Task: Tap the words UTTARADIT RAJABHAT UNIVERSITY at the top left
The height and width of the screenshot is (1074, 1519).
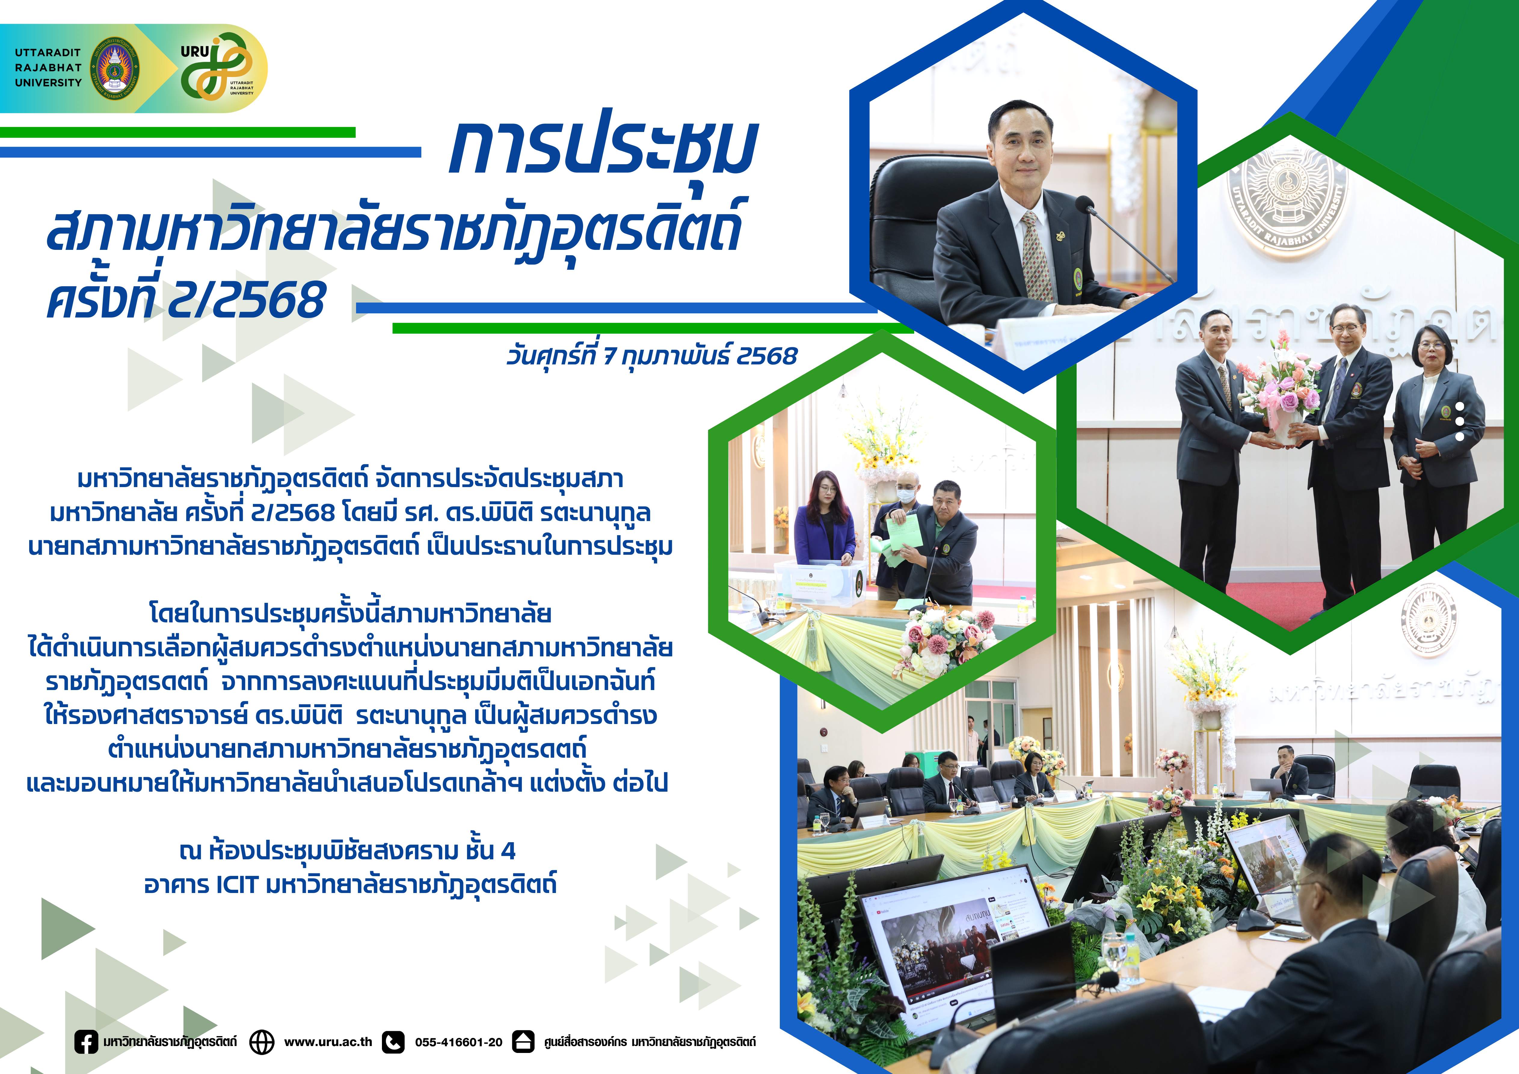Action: [48, 67]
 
